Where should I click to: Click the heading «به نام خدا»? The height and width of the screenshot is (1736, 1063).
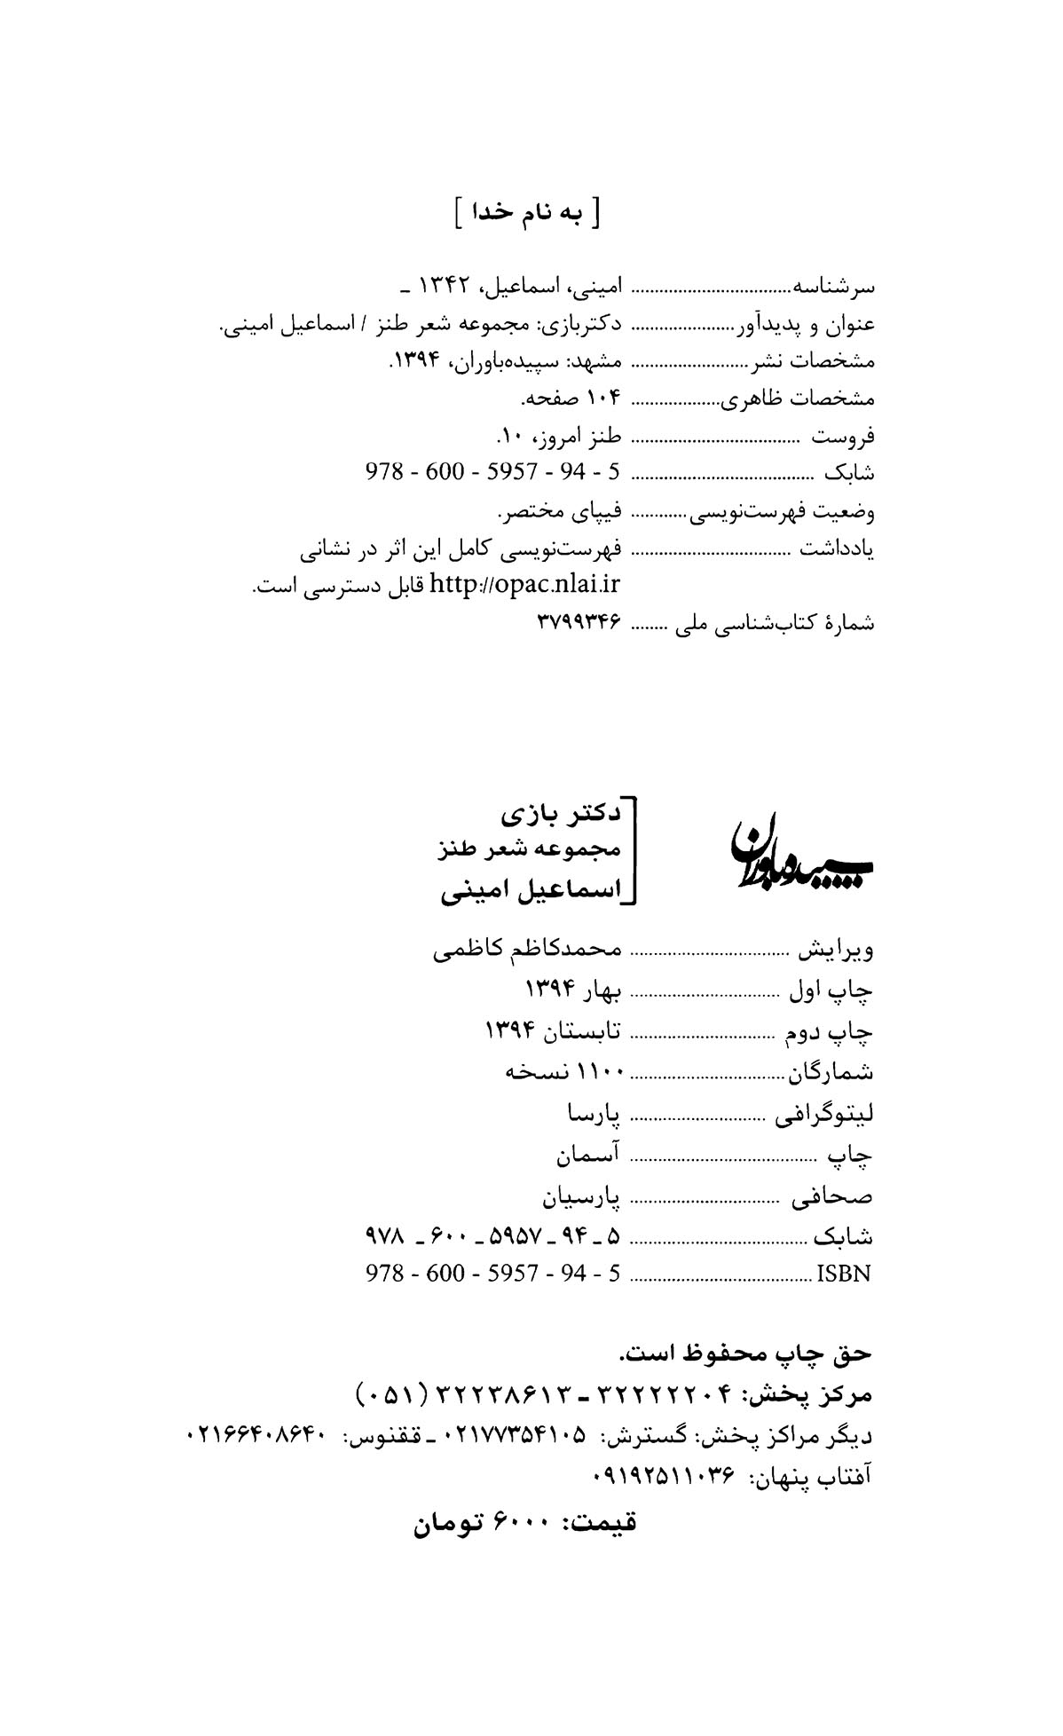526,214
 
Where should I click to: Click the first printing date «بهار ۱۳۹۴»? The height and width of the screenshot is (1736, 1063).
573,990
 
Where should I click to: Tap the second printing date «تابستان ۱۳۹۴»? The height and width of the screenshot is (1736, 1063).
552,1031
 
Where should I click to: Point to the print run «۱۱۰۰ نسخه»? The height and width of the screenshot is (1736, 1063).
563,1071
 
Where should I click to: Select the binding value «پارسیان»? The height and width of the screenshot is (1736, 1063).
581,1198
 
